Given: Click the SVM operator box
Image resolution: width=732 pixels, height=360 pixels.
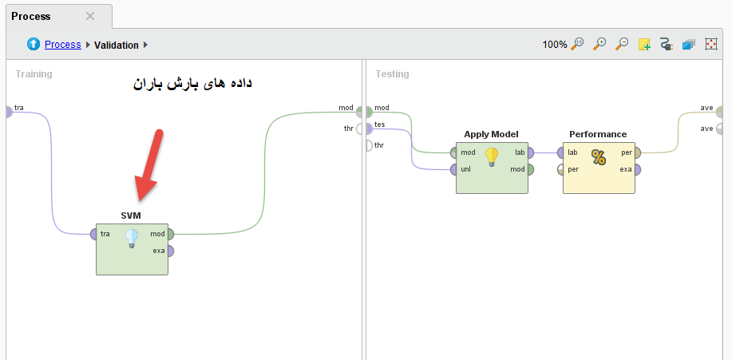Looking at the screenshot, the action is (132, 249).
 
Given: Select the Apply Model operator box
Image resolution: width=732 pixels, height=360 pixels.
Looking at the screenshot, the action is (492, 168).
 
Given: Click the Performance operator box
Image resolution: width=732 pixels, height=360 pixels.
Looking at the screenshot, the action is (599, 168).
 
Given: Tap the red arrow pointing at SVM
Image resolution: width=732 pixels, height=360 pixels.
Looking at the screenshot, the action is (149, 165).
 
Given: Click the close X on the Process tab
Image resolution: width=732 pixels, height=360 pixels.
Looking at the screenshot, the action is (90, 16).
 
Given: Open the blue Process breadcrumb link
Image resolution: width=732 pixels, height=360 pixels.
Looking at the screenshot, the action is (62, 45).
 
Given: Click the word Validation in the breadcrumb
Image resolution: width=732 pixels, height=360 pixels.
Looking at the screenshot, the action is (117, 45).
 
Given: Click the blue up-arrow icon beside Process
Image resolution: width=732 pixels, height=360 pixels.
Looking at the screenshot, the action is (34, 45).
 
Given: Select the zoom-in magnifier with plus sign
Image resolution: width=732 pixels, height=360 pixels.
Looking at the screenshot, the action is (599, 44).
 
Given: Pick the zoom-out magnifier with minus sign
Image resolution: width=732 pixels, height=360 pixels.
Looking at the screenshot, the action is (622, 44).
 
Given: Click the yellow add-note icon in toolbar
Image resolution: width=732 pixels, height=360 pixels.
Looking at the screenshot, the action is (644, 45).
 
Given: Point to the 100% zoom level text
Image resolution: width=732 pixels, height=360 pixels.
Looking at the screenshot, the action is (555, 45).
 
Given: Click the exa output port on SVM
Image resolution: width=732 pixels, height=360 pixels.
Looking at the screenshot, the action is (169, 251).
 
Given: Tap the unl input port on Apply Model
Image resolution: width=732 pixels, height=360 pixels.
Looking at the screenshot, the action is (454, 169).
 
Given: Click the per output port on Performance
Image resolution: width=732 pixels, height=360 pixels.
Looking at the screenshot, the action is (637, 152).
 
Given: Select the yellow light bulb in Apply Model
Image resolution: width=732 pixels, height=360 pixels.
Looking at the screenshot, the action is (492, 157).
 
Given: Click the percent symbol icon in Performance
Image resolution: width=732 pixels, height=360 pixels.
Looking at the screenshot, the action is (599, 157).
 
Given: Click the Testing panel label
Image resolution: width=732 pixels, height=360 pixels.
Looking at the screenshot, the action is (392, 74).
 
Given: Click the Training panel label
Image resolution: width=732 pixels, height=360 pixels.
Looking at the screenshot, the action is (34, 74).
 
